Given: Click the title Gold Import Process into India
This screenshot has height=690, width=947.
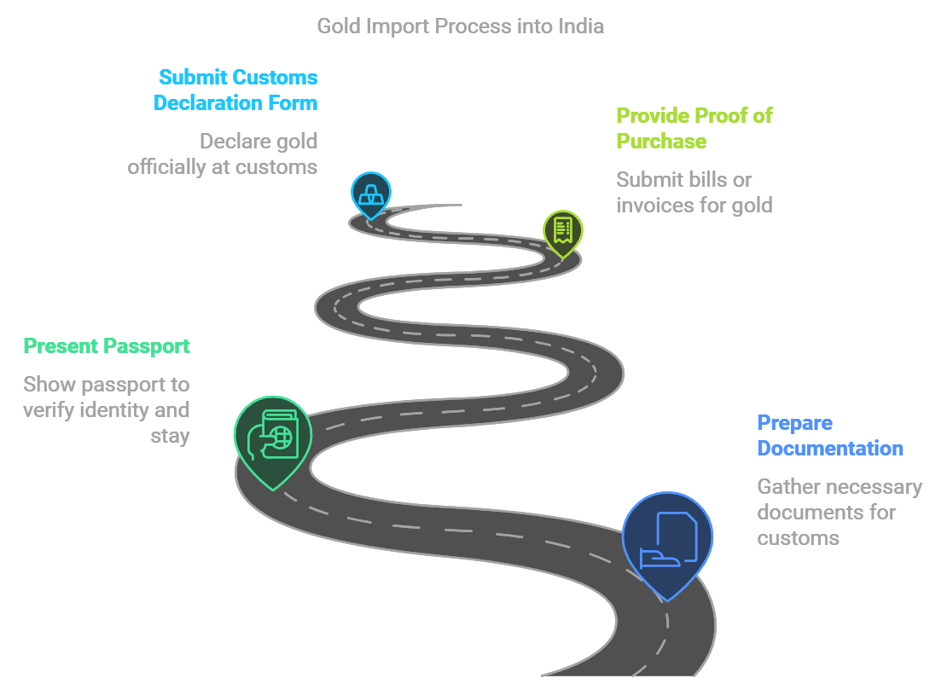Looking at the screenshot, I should [x=460, y=26].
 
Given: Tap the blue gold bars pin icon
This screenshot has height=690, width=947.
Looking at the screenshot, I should [x=371, y=192].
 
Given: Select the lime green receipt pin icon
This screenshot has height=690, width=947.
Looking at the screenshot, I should [x=563, y=229].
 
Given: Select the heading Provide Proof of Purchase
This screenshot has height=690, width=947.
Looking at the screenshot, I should [x=694, y=128].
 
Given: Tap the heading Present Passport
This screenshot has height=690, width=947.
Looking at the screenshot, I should [x=107, y=346].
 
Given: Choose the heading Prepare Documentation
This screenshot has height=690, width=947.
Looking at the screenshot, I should [x=829, y=435].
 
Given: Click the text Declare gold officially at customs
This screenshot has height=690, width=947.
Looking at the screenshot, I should [x=223, y=154].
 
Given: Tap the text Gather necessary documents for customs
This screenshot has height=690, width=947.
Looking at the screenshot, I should [x=839, y=512].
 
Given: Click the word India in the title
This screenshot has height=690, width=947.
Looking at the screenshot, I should [x=581, y=26].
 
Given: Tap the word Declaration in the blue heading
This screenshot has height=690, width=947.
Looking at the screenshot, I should [x=202, y=103].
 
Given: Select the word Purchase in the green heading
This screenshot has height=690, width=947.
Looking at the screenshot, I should [x=661, y=141].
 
